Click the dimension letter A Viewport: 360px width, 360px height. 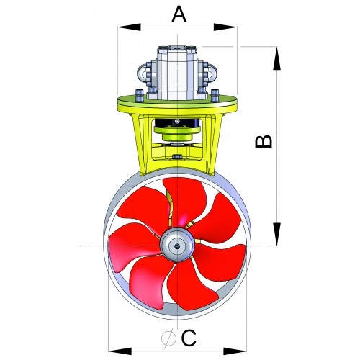[x=179, y=13]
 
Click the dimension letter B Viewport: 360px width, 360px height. [x=265, y=140]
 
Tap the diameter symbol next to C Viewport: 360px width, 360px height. [x=168, y=338]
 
